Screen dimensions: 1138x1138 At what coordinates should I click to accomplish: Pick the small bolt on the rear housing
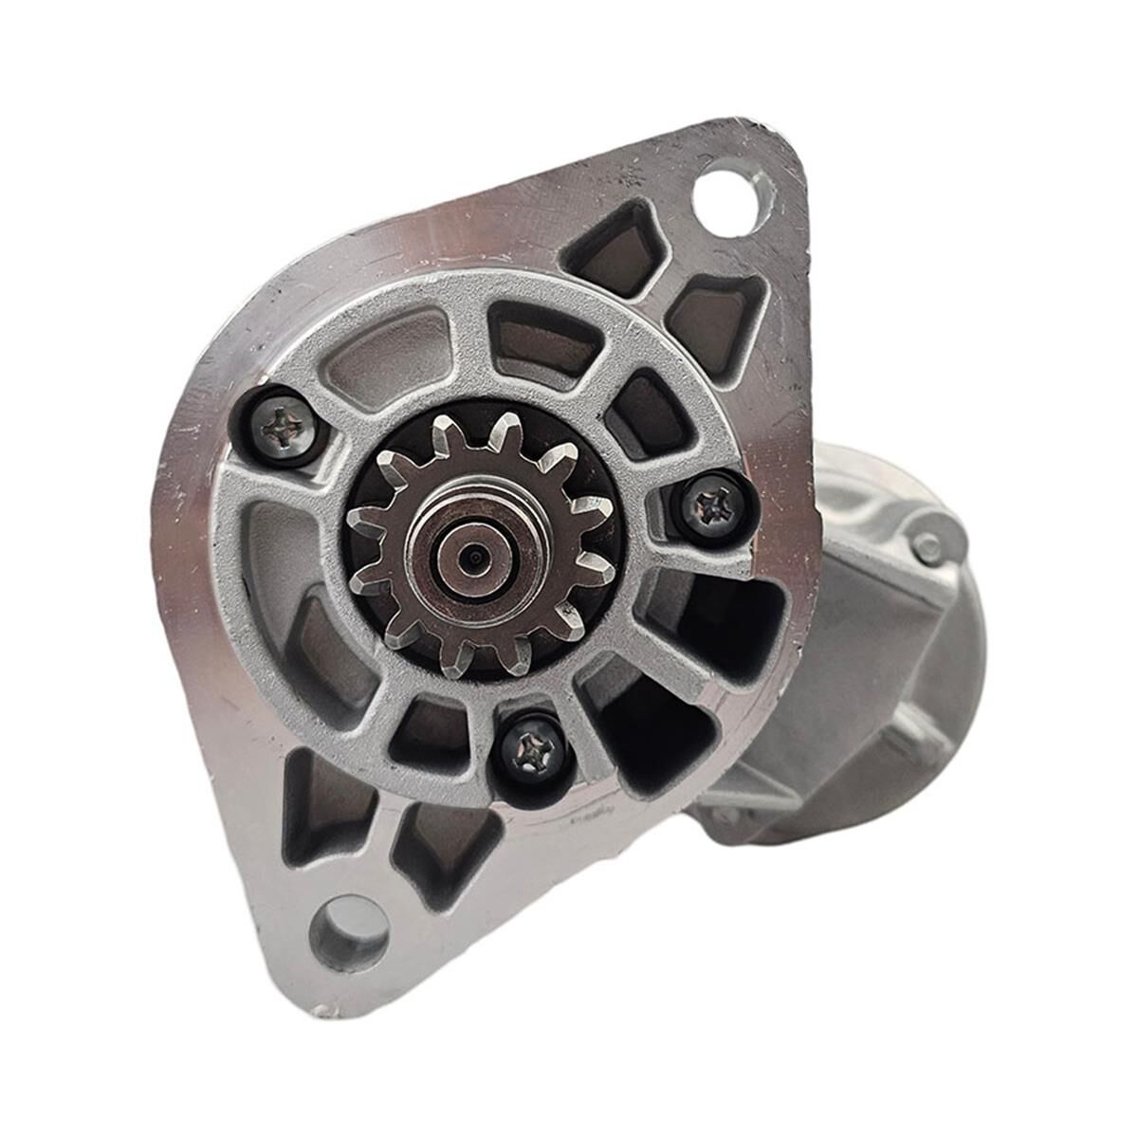(x=927, y=547)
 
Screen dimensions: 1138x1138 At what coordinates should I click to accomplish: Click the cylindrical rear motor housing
(x=882, y=645)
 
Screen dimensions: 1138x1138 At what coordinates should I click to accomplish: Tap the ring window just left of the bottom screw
(x=431, y=735)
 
